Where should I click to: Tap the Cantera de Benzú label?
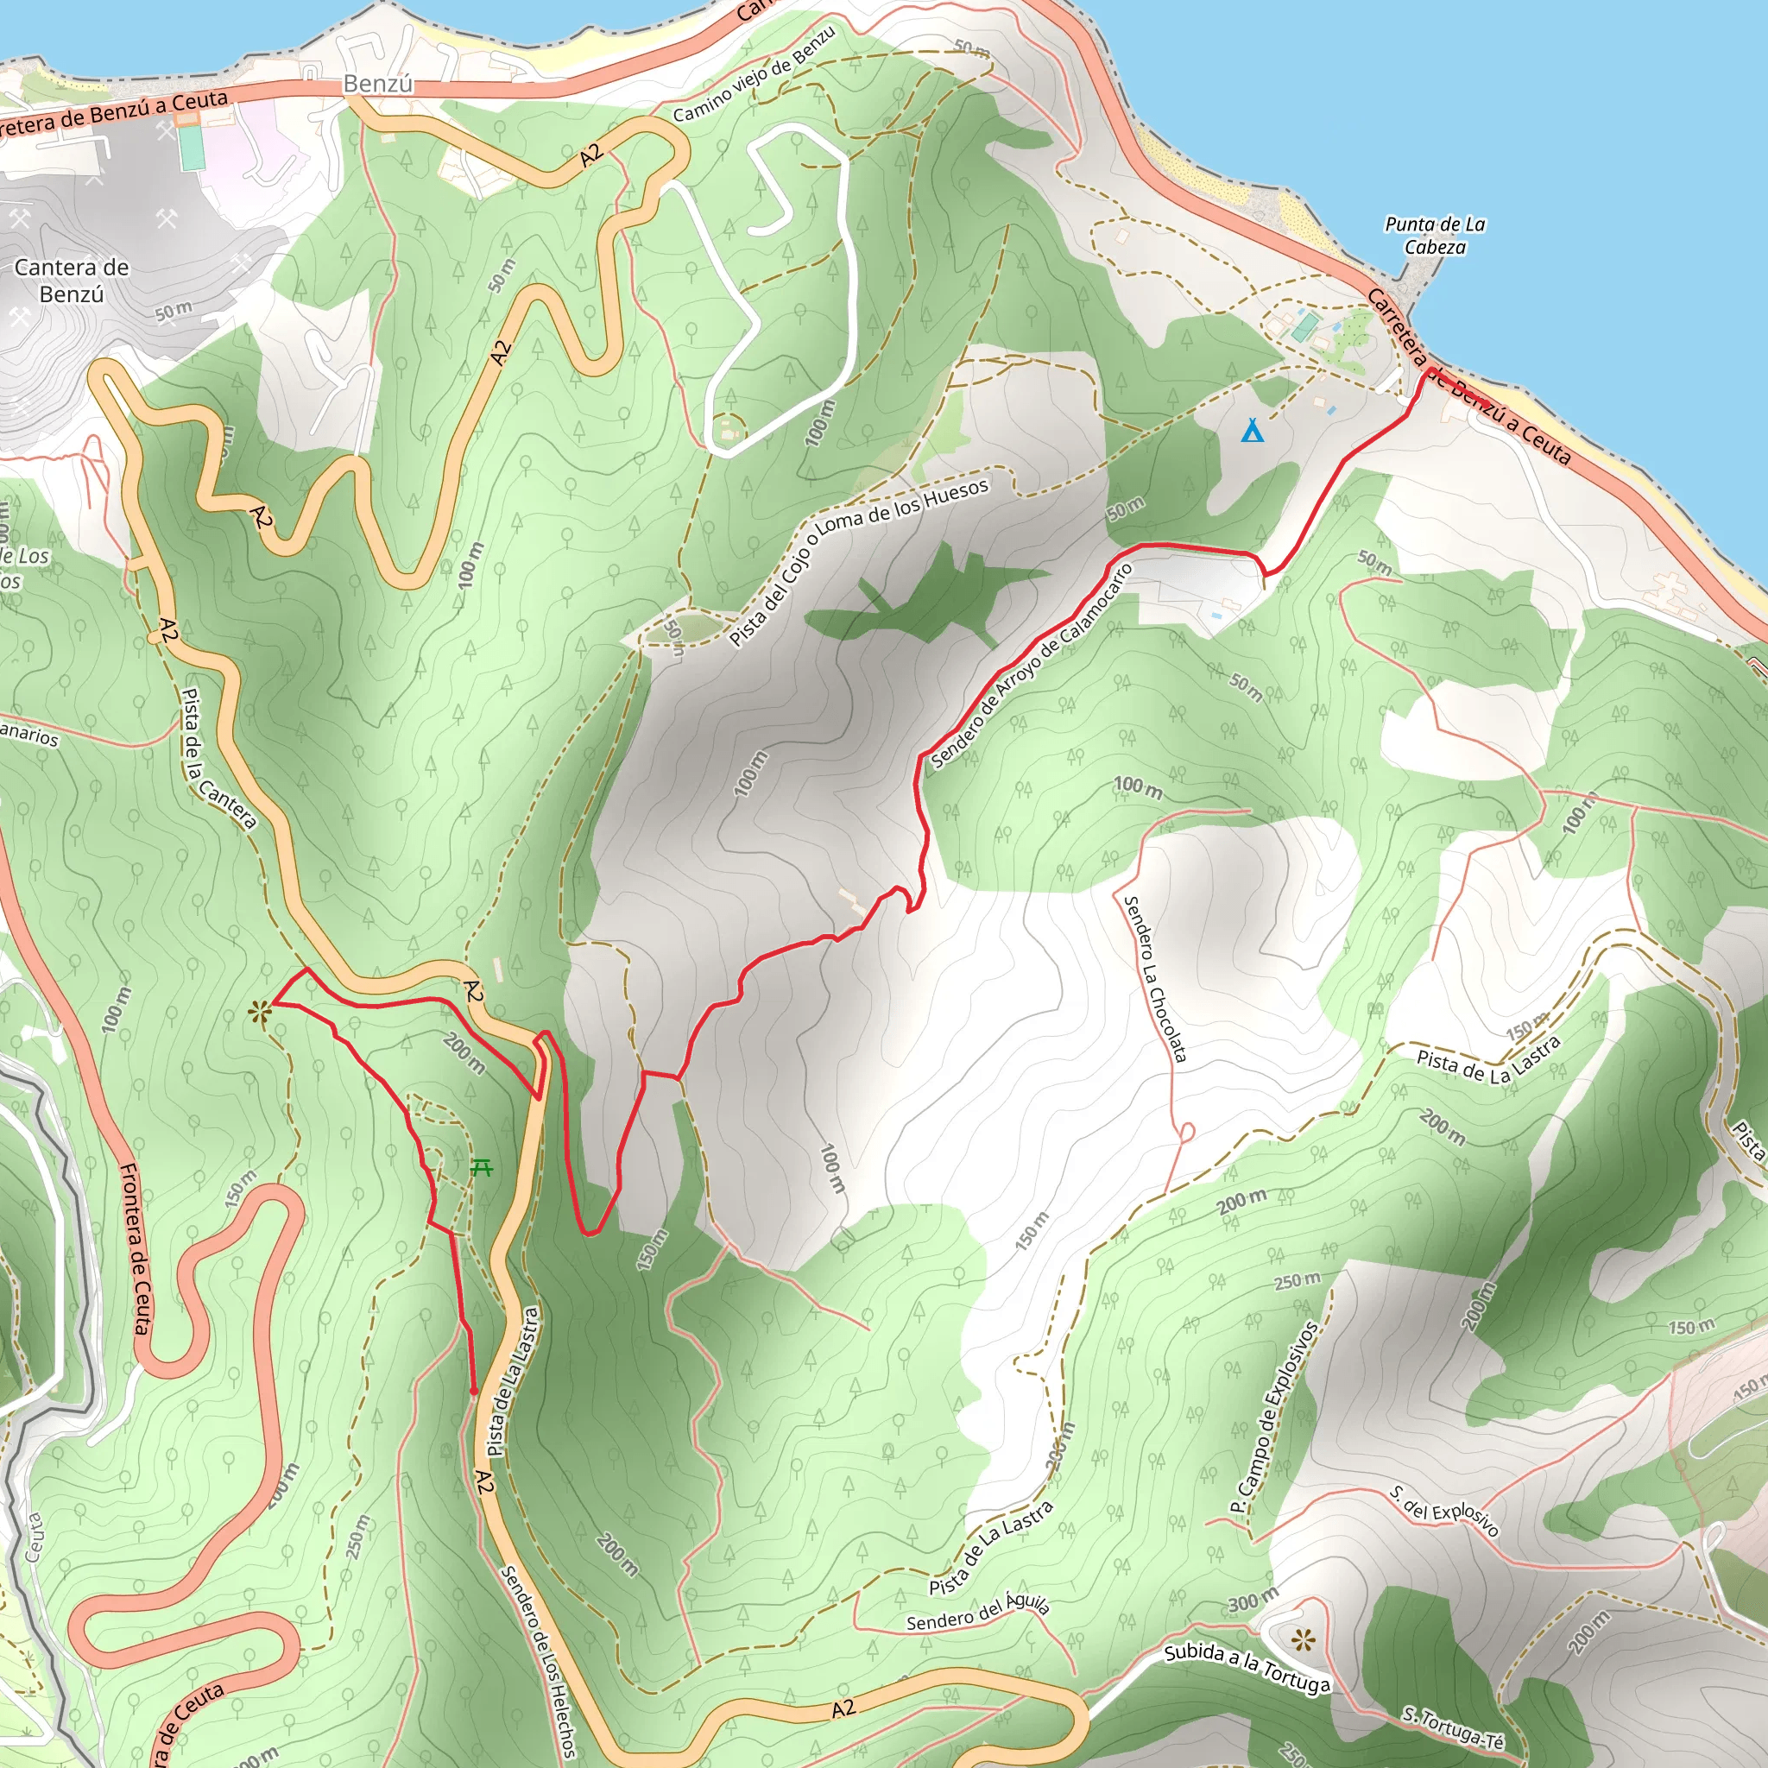click(x=72, y=281)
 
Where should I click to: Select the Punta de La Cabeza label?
click(x=1435, y=236)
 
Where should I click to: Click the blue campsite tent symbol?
click(x=1252, y=430)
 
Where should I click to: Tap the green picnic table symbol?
click(x=483, y=1169)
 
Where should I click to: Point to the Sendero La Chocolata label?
click(x=1155, y=979)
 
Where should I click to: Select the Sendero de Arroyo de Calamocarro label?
click(x=1032, y=666)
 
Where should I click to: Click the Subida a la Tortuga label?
click(x=1247, y=1668)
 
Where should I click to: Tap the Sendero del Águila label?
click(x=977, y=1613)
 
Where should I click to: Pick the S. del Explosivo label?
click(x=1444, y=1511)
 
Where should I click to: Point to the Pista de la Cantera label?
click(x=218, y=759)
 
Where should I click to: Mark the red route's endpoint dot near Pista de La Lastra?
click(x=473, y=1392)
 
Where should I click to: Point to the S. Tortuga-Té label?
click(x=1453, y=1723)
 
